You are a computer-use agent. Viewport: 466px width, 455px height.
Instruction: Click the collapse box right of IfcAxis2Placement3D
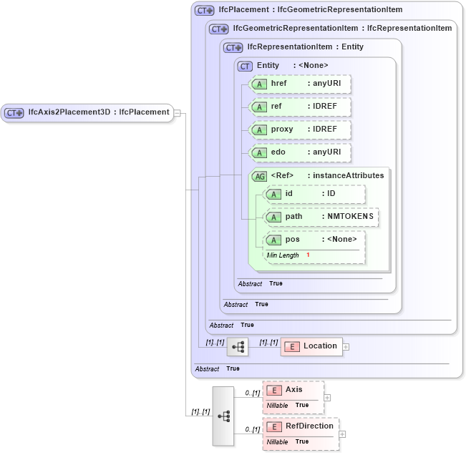pos(177,112)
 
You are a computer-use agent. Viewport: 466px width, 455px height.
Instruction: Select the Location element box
pos(311,346)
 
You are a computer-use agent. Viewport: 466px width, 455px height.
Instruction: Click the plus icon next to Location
pos(346,347)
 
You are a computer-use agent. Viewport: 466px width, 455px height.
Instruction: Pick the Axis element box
pos(293,390)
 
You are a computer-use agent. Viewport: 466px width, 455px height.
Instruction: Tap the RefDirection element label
pos(309,426)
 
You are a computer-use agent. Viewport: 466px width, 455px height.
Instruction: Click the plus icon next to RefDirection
pos(342,434)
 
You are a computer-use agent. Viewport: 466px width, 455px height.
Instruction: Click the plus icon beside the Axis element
pos(327,397)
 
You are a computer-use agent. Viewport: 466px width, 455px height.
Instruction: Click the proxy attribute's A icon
pos(258,130)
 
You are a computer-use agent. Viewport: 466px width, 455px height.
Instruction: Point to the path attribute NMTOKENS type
pos(347,217)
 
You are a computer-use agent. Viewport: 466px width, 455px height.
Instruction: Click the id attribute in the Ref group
pos(314,194)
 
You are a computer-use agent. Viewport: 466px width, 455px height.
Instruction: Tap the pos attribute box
pos(314,240)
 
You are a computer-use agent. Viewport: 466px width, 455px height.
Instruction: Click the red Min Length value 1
pos(308,255)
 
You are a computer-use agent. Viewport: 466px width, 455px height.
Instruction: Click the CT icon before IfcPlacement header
pos(205,11)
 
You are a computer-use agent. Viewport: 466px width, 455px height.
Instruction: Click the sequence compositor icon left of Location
pos(237,347)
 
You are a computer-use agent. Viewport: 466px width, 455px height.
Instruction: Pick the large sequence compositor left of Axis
pos(223,416)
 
